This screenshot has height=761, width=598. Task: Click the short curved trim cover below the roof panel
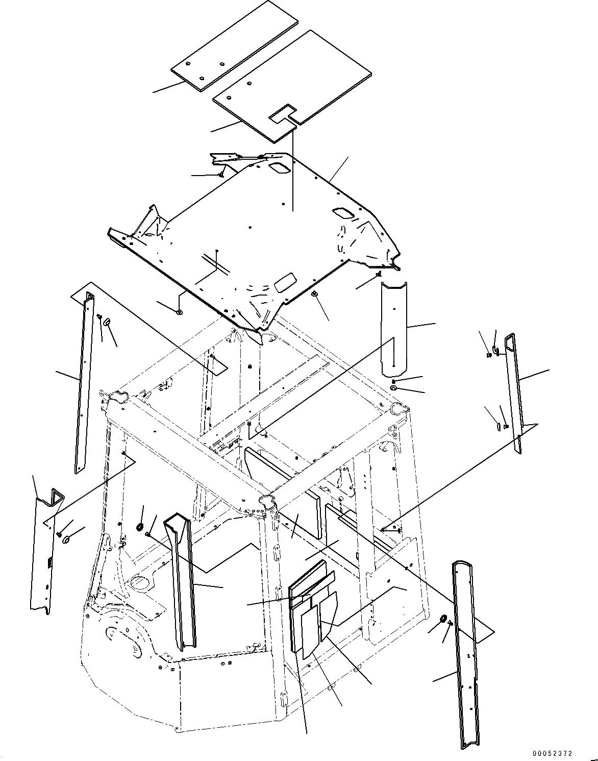(394, 327)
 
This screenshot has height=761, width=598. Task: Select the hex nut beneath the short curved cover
(394, 381)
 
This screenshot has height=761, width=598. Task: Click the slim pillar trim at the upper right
(513, 393)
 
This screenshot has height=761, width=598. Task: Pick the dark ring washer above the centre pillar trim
(140, 526)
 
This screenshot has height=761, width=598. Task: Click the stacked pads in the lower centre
(312, 607)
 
